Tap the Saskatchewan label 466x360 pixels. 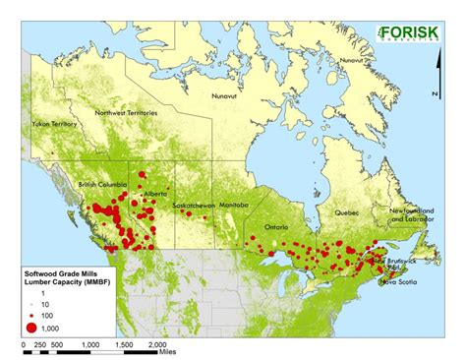pyautogui.click(x=194, y=206)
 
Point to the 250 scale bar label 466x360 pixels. pyautogui.click(x=39, y=346)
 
